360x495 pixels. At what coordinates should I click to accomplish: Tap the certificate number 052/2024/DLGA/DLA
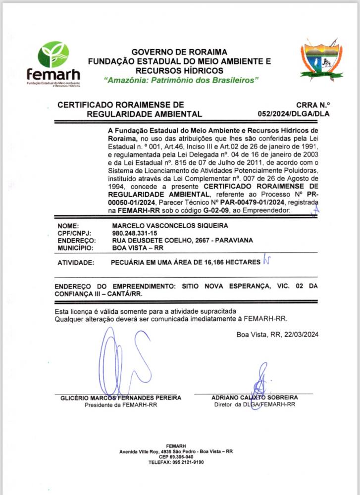(294, 114)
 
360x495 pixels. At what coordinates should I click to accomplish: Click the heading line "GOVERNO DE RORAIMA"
(179, 52)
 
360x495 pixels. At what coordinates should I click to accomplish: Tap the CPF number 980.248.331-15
(135, 233)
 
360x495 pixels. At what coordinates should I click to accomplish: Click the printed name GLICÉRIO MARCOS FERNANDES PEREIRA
(121, 397)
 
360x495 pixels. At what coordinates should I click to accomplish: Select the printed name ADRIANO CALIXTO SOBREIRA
(255, 397)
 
